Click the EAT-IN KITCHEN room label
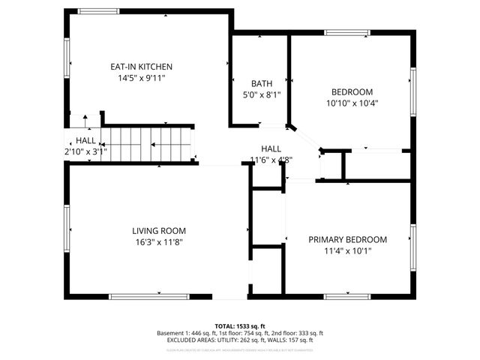click(141, 67)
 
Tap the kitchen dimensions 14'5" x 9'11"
click(141, 78)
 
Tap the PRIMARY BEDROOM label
click(347, 240)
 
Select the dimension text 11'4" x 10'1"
click(347, 251)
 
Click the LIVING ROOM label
click(159, 231)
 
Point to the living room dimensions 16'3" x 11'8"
click(159, 242)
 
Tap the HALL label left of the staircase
click(85, 140)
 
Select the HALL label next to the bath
click(271, 148)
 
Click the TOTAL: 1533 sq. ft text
click(240, 325)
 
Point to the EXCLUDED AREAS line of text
click(240, 340)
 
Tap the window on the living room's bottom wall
click(148, 297)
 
